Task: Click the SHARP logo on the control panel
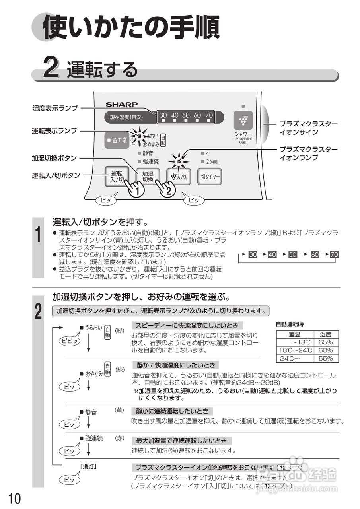pos(121,105)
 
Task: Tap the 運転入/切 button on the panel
pos(117,176)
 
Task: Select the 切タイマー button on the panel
pos(210,177)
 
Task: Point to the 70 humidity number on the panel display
pos(209,115)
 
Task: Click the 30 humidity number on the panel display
pos(163,115)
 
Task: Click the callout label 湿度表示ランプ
pos(55,108)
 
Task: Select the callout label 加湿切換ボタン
pos(54,158)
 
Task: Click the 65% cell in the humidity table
pos(325,342)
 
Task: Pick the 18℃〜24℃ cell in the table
pos(295,350)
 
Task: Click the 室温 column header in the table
pos(295,334)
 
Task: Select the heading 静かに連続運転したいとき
pos(172,411)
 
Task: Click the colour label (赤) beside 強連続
pos(119,438)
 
